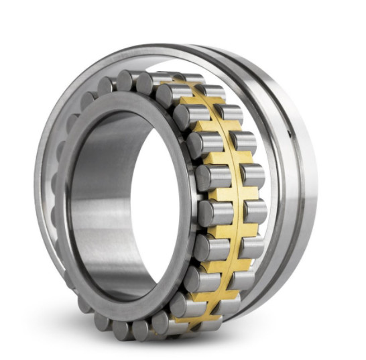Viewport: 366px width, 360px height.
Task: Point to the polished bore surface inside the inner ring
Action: (101, 201)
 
